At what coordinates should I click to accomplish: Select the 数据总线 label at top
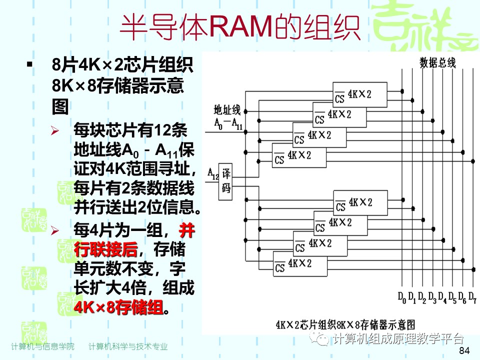(x=437, y=62)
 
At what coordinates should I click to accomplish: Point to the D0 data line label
(x=402, y=298)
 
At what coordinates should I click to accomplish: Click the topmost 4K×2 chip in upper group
(x=360, y=95)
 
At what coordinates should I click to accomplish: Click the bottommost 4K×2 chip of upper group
(x=299, y=155)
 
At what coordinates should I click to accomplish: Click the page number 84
(x=464, y=350)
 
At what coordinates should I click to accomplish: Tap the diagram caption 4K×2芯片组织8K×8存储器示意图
(x=345, y=323)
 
